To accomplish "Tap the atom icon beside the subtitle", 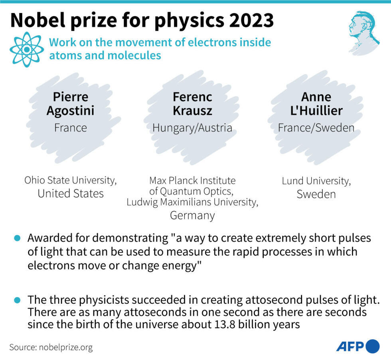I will coord(27,49).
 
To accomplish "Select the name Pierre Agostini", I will coord(70,104).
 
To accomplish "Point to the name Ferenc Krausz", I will coord(192,104).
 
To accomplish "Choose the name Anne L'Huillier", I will coord(316,104).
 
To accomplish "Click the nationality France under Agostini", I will coord(70,128).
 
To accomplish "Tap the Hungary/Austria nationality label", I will coord(192,128).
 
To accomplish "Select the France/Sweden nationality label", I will coord(316,128).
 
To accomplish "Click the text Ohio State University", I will coord(71,180).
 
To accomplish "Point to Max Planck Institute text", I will coord(192,181).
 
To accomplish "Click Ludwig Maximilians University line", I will coord(192,202).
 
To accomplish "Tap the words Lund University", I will coord(316,181).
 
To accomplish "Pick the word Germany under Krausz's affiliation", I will coord(192,216).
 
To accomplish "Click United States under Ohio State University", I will coord(71,194).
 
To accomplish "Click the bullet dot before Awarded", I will coord(17,238).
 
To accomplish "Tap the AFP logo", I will coord(357,346).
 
